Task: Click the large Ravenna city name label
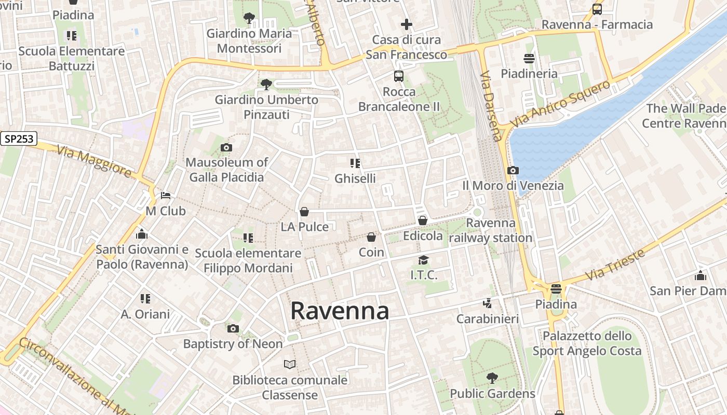coord(340,311)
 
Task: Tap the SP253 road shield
coord(18,139)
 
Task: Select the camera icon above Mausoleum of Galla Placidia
coord(226,148)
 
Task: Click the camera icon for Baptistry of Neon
coord(233,328)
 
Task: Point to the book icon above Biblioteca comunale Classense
coord(290,365)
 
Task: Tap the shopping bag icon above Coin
coord(371,237)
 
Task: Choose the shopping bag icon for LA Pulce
coord(304,212)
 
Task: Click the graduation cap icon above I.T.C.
coord(424,260)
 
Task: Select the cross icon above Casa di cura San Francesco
coord(407,24)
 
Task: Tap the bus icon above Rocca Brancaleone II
coord(399,76)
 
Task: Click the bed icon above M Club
coord(166,196)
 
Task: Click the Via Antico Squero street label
coord(560,104)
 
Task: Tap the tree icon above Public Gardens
coord(492,378)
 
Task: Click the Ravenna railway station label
coord(491,230)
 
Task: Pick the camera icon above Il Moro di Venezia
coord(513,170)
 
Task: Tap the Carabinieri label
coord(487,319)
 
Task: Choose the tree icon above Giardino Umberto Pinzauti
coord(266,84)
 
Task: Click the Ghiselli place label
coord(355,178)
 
